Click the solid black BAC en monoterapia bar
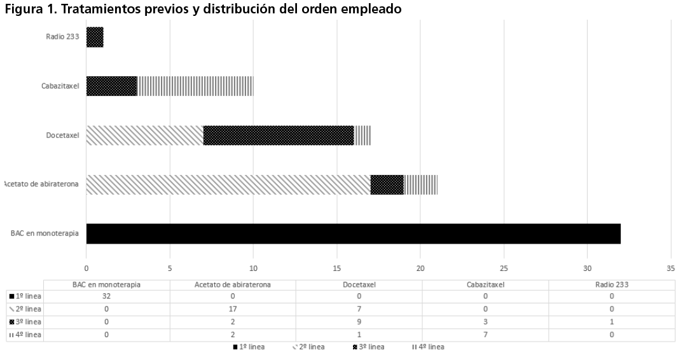(x=353, y=233)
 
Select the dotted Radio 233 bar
(x=95, y=37)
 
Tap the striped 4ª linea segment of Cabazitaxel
(x=195, y=86)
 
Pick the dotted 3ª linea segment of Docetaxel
(x=279, y=135)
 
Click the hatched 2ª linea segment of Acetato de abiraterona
(x=228, y=184)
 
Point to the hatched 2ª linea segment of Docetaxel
(x=144, y=135)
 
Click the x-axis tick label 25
(x=504, y=268)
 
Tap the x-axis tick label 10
(x=253, y=268)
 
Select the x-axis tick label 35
(x=671, y=268)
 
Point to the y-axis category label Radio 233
(x=63, y=37)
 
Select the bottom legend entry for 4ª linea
(x=428, y=347)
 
